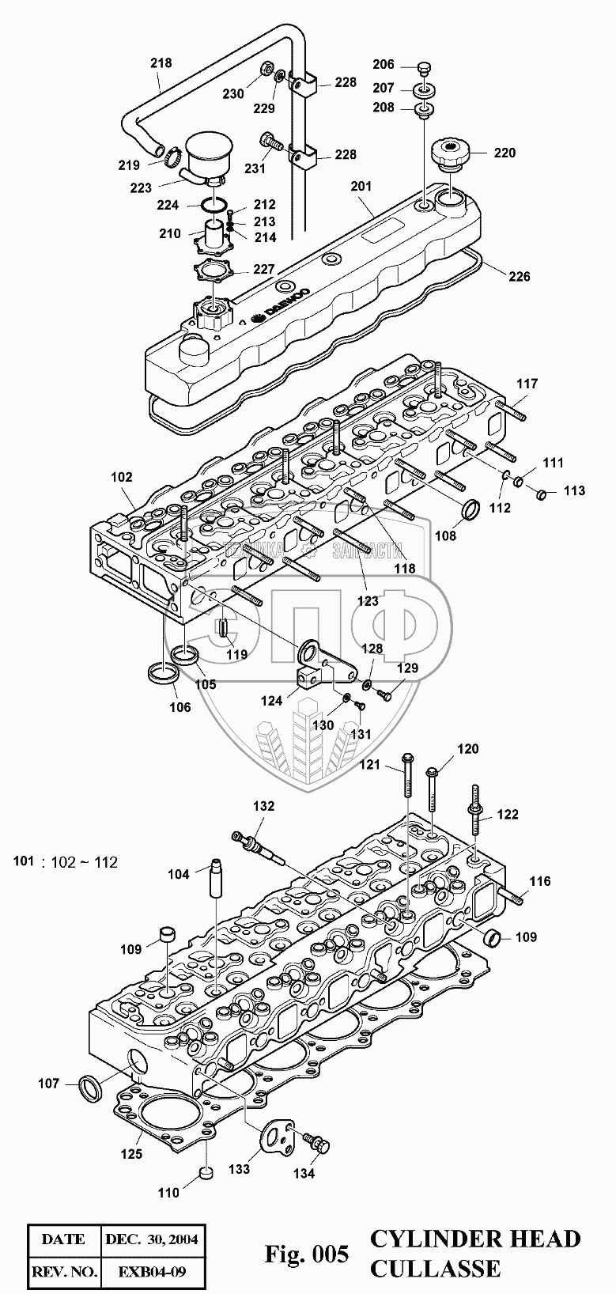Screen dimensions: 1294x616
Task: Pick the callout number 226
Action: tap(520, 276)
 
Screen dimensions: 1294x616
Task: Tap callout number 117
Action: tap(527, 384)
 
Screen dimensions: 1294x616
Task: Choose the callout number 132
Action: tap(263, 806)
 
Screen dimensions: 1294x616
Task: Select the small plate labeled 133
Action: tap(277, 1137)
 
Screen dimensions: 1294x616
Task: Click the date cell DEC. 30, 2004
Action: tap(150, 1238)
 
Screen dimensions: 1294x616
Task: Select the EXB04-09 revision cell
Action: tap(150, 1272)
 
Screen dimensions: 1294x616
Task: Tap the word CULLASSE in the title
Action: tap(435, 1268)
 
